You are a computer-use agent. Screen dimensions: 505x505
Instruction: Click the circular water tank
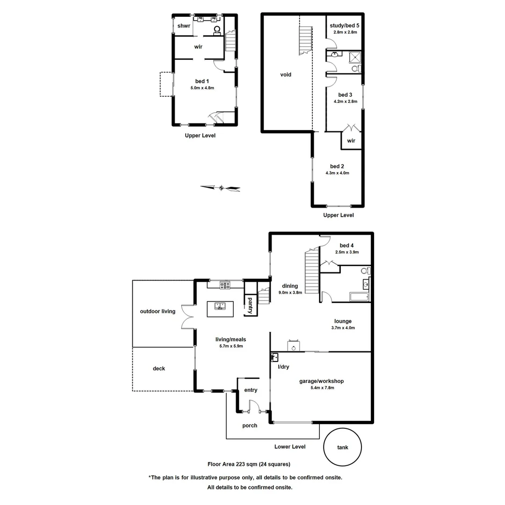342,447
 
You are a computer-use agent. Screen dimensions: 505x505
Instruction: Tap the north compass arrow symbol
220,188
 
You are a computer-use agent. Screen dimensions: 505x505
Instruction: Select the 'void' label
286,74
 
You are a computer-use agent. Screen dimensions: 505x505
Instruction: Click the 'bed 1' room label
202,81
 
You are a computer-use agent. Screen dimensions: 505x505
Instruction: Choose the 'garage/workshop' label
321,381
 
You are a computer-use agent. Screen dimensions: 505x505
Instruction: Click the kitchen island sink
220,306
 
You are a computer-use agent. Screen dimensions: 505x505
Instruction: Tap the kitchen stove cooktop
225,285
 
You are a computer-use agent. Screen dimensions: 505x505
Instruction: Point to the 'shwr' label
183,26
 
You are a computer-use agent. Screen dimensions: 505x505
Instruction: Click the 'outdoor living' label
158,311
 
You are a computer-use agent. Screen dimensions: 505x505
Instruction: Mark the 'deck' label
159,368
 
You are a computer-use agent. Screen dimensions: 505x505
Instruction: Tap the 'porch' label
250,426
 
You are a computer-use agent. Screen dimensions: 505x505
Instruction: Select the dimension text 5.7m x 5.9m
231,346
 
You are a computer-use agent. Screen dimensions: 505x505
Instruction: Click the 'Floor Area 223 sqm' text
249,464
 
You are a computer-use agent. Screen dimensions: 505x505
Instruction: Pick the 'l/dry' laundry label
283,367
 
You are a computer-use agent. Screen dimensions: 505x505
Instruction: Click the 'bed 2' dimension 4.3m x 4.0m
338,173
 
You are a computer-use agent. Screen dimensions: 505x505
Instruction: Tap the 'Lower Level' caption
290,447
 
